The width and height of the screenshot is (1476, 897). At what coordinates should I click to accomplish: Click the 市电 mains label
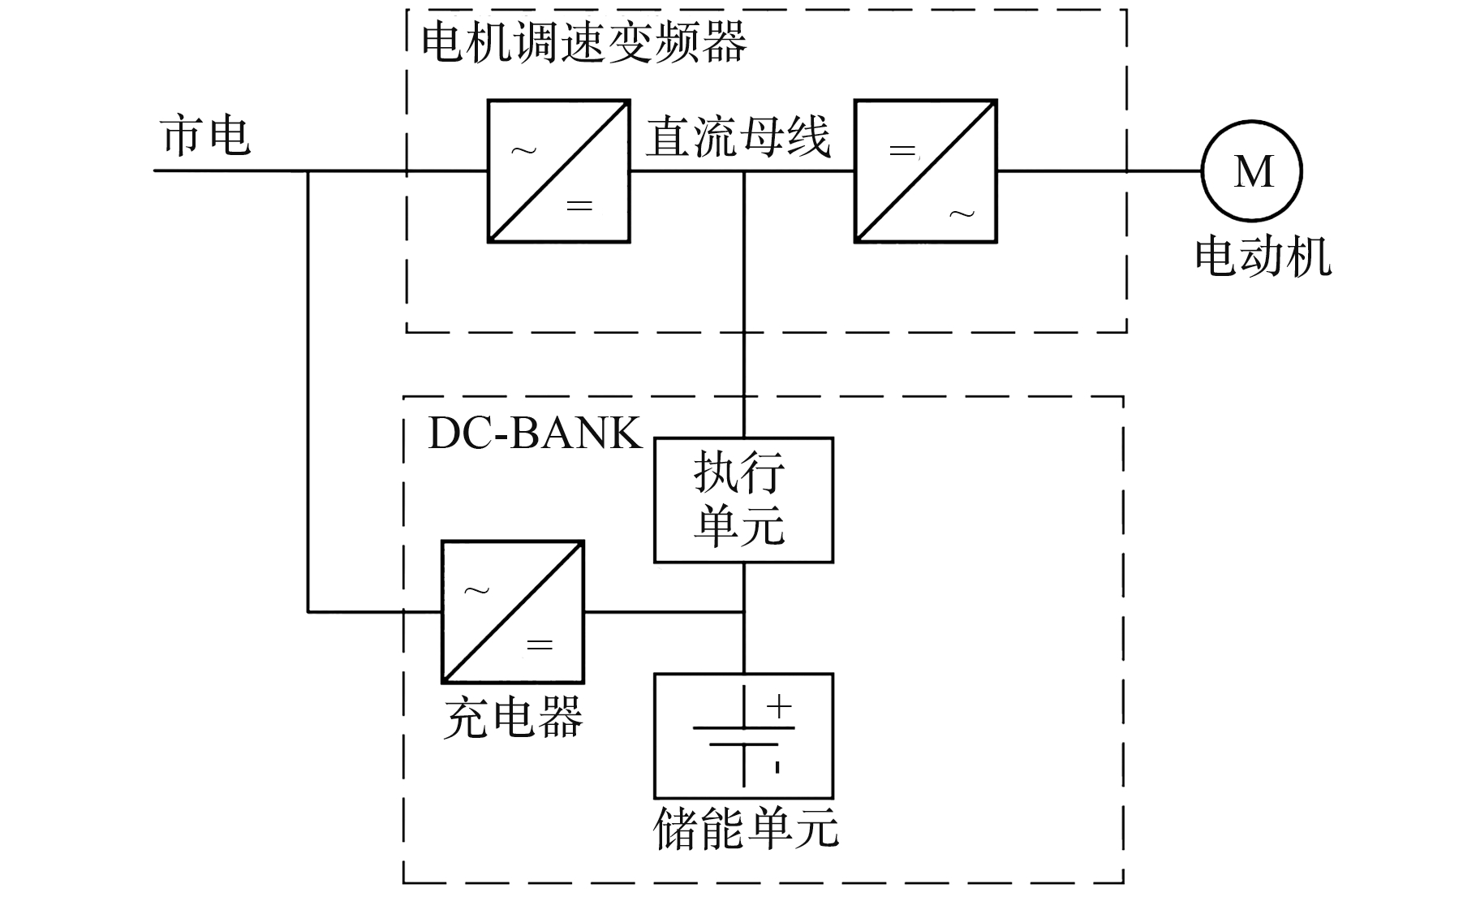click(x=206, y=135)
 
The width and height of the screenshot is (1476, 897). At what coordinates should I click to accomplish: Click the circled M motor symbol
click(x=1252, y=171)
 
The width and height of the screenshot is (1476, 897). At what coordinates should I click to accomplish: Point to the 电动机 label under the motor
click(x=1263, y=257)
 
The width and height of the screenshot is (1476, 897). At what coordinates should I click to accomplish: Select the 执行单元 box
click(x=743, y=499)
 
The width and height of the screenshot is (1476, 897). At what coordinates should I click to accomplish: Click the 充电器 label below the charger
click(x=513, y=717)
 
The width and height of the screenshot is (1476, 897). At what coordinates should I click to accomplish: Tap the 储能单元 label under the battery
click(x=746, y=828)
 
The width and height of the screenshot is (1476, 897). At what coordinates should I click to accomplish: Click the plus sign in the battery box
click(x=779, y=706)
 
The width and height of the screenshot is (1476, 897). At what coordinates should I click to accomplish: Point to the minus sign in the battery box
click(x=777, y=765)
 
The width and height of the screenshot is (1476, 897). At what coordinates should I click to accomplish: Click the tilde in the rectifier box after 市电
click(x=523, y=151)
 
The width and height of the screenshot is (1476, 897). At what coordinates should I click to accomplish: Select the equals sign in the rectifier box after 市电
click(x=579, y=206)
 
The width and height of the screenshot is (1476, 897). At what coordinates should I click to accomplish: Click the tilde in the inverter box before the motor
click(x=962, y=213)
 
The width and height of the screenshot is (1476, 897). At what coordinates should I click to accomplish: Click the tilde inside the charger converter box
click(x=477, y=590)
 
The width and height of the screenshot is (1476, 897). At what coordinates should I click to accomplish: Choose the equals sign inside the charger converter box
click(x=540, y=645)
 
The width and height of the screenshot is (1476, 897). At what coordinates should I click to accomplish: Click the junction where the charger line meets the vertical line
click(x=744, y=612)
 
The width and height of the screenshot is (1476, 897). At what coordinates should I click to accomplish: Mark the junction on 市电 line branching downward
click(x=308, y=171)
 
